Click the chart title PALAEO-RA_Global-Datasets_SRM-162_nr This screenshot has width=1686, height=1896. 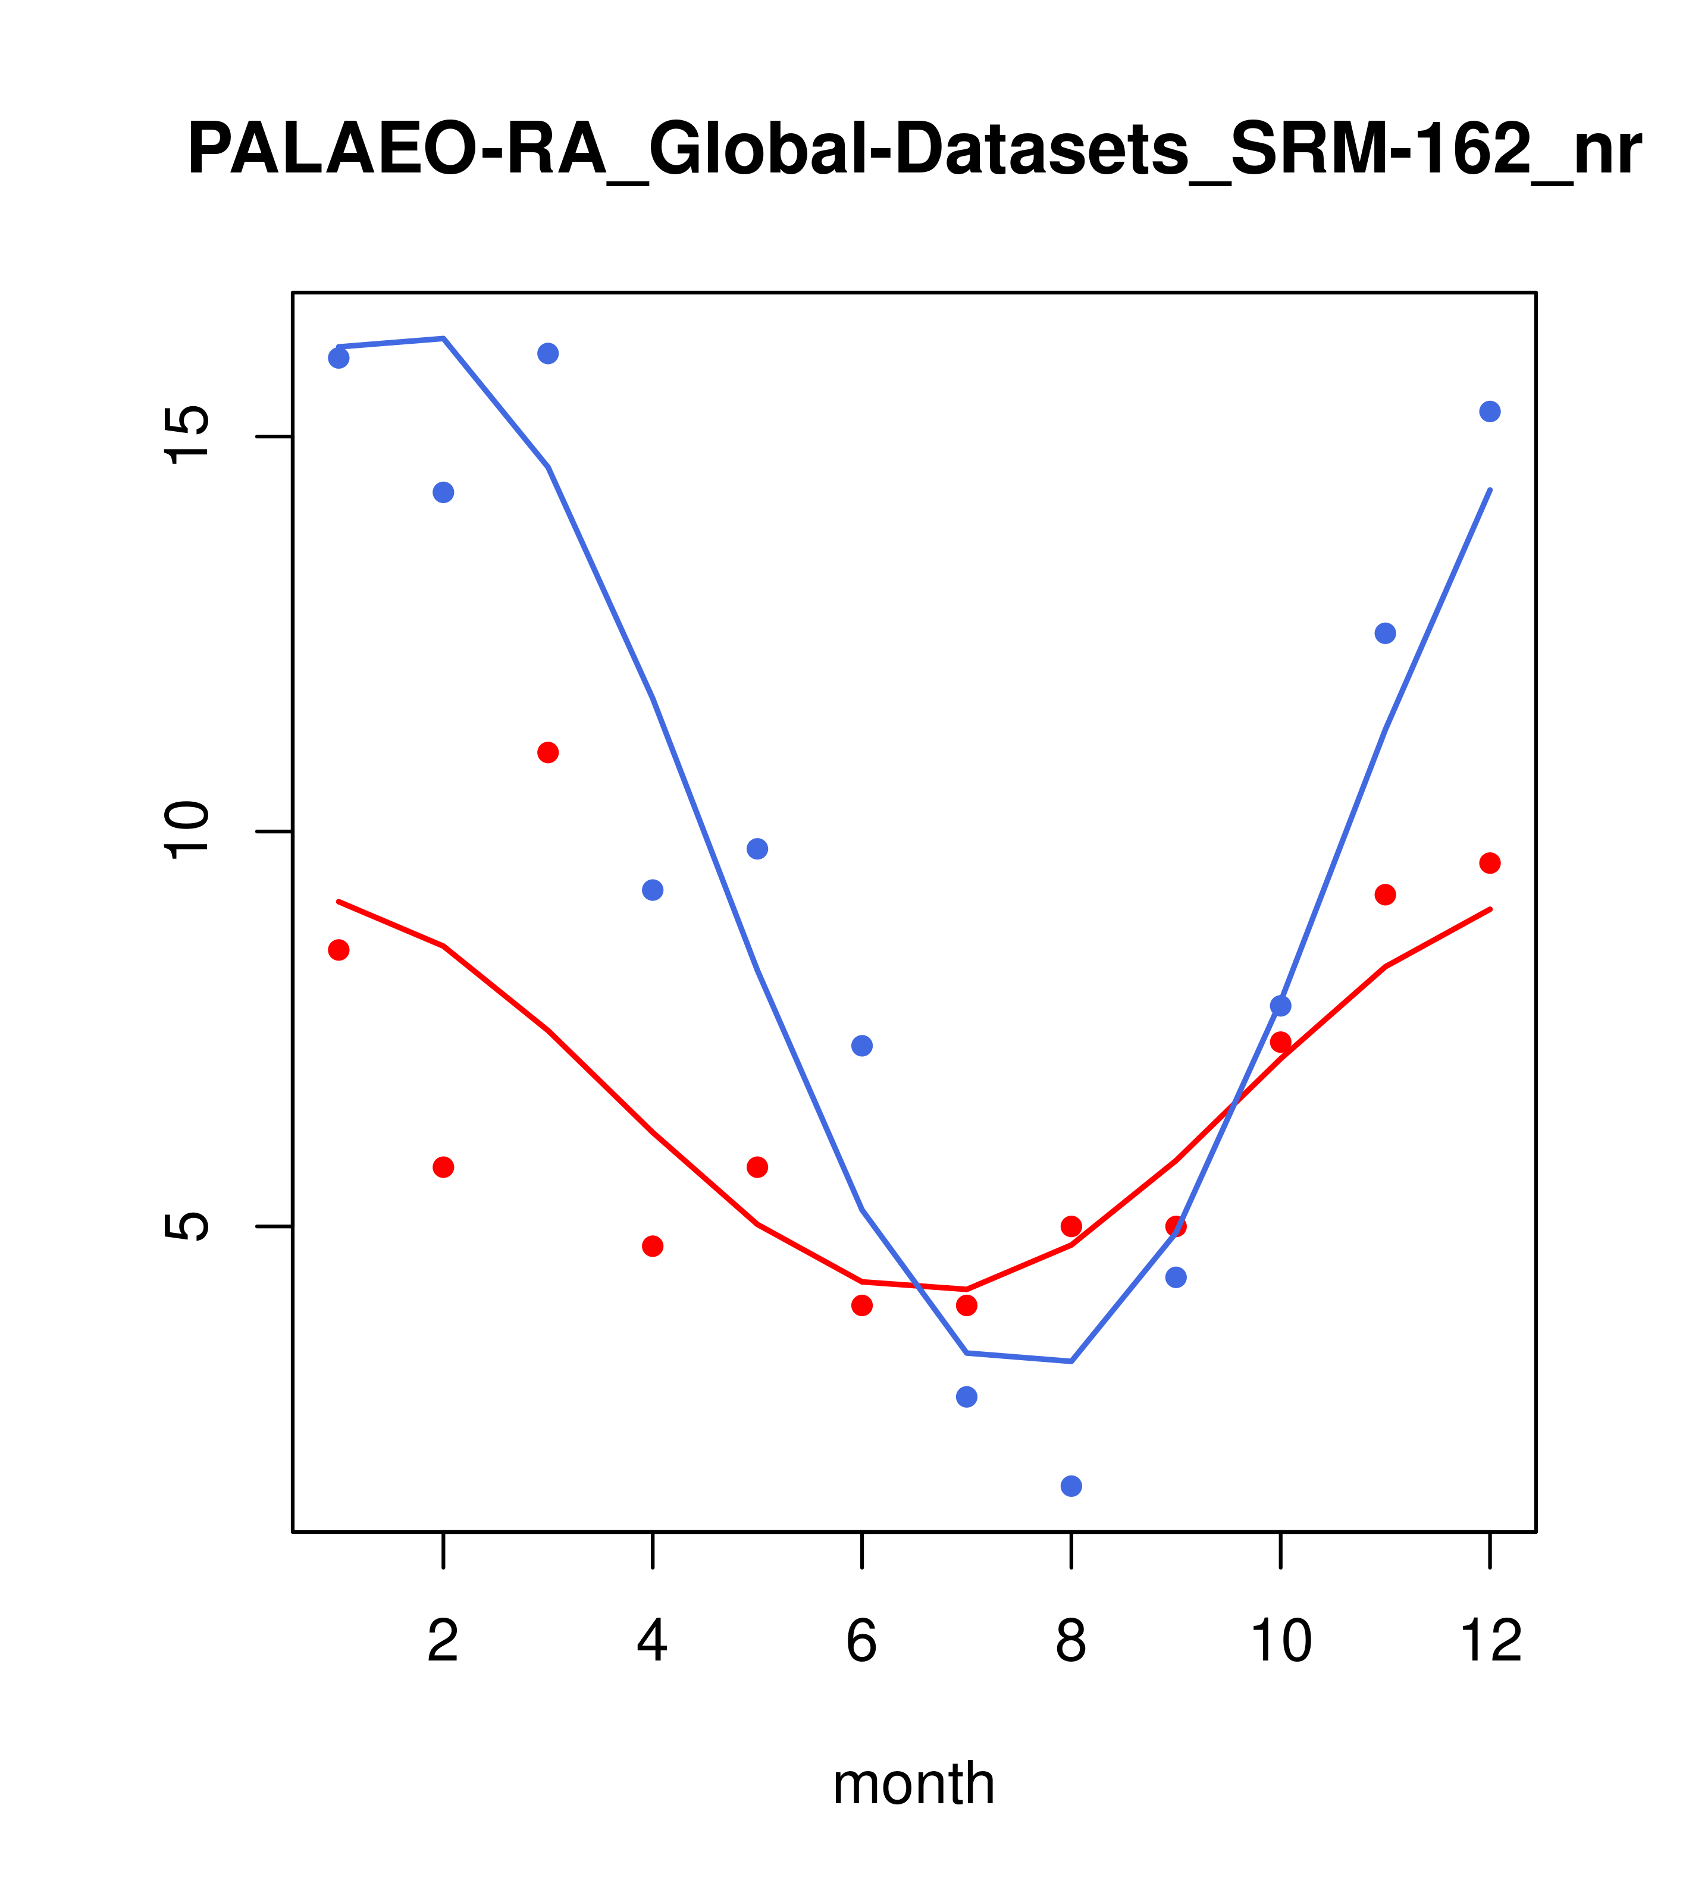coord(914,150)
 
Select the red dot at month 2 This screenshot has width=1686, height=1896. coord(444,1167)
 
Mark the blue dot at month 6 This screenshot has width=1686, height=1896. coord(862,1046)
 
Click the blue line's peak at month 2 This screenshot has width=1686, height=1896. coord(444,338)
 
